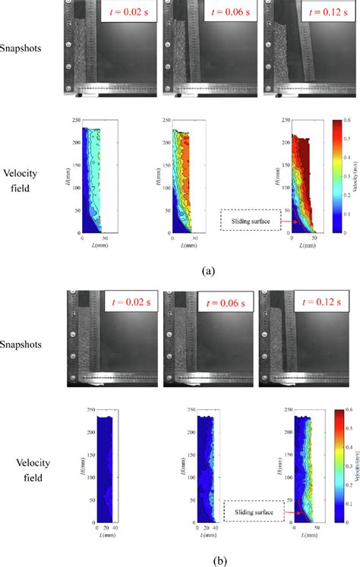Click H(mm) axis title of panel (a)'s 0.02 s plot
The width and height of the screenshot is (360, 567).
pos(70,175)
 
